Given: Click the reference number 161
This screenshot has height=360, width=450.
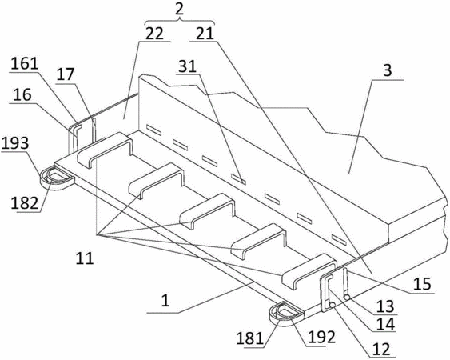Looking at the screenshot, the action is coord(25,63).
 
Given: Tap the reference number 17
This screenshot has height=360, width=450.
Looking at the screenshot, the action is coord(66,75).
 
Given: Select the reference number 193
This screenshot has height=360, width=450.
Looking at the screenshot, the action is coord(15,142).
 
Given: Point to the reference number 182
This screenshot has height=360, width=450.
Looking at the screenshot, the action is coord(25,203).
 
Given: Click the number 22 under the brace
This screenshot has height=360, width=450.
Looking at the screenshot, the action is coord(154,34).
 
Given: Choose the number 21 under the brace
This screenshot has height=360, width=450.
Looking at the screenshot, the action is coord(205,34).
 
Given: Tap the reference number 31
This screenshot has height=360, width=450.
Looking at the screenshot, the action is coord(187,66).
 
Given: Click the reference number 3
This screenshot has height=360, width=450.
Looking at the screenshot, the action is coord(388,70).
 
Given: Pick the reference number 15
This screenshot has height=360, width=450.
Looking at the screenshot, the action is coord(422,284).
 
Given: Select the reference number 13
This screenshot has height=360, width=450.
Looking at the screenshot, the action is coord(385,306).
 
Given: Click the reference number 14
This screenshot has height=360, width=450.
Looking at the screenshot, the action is coord(386,324).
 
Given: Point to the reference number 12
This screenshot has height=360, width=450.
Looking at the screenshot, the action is coord(381,349).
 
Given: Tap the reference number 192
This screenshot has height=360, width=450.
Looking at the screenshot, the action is coord(321,338).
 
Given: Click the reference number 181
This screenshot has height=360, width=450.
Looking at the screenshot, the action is coord(249,338).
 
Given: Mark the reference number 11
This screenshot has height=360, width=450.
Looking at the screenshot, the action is coord(85,258).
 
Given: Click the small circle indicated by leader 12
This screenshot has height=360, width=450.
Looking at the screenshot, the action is coord(333,306).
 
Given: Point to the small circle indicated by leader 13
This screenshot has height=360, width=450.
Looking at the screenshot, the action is coord(347,298).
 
